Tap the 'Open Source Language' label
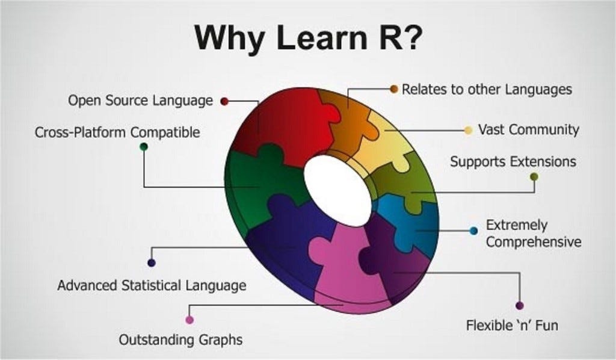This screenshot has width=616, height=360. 140,101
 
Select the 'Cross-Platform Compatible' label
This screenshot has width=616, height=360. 117,132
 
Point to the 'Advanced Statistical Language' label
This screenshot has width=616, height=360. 152,285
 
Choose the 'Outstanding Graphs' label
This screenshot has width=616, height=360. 180,340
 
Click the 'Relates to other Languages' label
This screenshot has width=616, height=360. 486,90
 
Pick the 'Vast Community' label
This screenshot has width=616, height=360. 528,129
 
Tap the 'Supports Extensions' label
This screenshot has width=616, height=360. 513,161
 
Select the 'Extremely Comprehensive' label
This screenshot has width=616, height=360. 534,234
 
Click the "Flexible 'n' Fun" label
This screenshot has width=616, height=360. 512,326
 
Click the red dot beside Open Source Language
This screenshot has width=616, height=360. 224,101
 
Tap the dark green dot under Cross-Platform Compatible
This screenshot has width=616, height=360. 144,146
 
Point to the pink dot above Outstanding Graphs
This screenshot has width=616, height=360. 189,320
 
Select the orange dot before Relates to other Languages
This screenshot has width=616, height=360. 394,89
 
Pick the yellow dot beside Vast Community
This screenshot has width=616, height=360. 469,130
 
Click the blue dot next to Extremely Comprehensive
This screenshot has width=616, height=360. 473,231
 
